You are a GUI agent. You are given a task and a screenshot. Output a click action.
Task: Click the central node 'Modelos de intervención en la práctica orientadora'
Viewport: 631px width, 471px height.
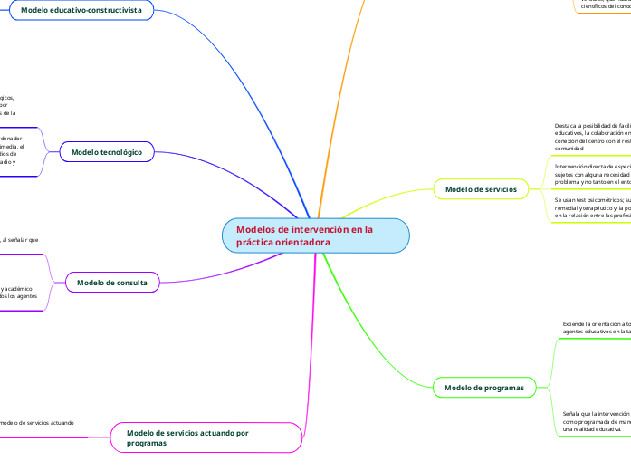(316, 235)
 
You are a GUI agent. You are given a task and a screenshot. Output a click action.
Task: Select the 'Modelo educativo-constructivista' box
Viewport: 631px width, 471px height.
(81, 10)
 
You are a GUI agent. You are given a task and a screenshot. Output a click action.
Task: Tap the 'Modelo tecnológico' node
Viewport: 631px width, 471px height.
(106, 152)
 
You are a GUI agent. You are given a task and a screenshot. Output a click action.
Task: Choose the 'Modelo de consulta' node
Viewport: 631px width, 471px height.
(112, 283)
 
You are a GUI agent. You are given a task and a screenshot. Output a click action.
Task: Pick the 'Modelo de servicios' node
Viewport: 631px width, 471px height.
(481, 189)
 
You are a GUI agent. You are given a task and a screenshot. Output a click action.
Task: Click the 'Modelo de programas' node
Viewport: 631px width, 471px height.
(484, 388)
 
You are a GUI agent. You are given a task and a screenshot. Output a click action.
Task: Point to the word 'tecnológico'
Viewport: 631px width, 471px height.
(120, 152)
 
